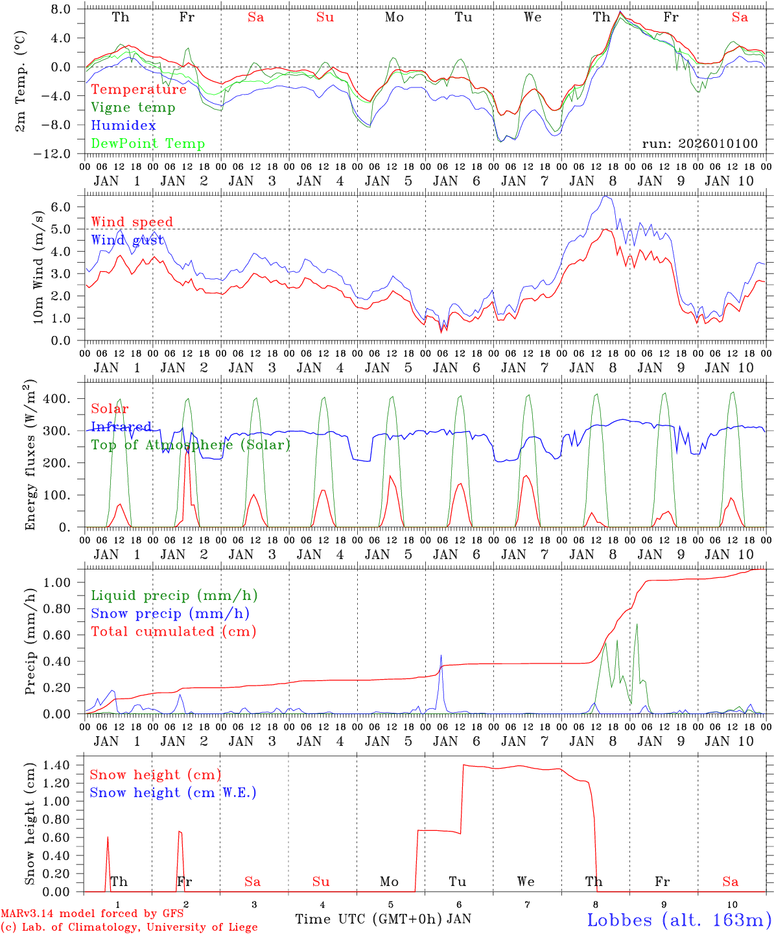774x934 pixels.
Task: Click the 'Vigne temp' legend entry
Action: coord(133,108)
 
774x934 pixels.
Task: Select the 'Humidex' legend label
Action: coord(123,126)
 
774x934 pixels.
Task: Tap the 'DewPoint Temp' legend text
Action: coord(148,144)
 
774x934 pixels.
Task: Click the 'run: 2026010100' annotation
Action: coord(699,144)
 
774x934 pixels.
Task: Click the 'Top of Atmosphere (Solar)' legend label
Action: coord(191,445)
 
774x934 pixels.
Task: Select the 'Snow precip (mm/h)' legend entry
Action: coord(170,614)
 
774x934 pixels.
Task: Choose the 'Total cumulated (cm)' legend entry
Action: coord(173,632)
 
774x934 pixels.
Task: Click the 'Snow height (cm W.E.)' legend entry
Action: coord(172,793)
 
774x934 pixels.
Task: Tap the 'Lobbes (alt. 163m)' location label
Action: coord(679,920)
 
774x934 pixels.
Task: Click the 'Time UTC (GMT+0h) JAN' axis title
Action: coord(382,919)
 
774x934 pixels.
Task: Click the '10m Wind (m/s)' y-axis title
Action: coord(38,267)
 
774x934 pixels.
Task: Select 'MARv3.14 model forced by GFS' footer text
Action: coord(92,914)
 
